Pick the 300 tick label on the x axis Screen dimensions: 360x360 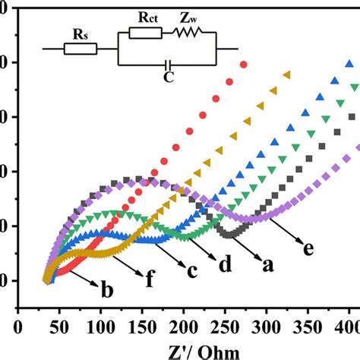[x=266, y=327]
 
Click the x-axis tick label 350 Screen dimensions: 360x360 [x=308, y=327]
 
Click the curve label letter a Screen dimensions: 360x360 [x=268, y=266]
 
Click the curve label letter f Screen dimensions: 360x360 [x=150, y=279]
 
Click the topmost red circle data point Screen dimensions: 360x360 [x=243, y=65]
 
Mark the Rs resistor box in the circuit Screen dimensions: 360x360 [x=80, y=49]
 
